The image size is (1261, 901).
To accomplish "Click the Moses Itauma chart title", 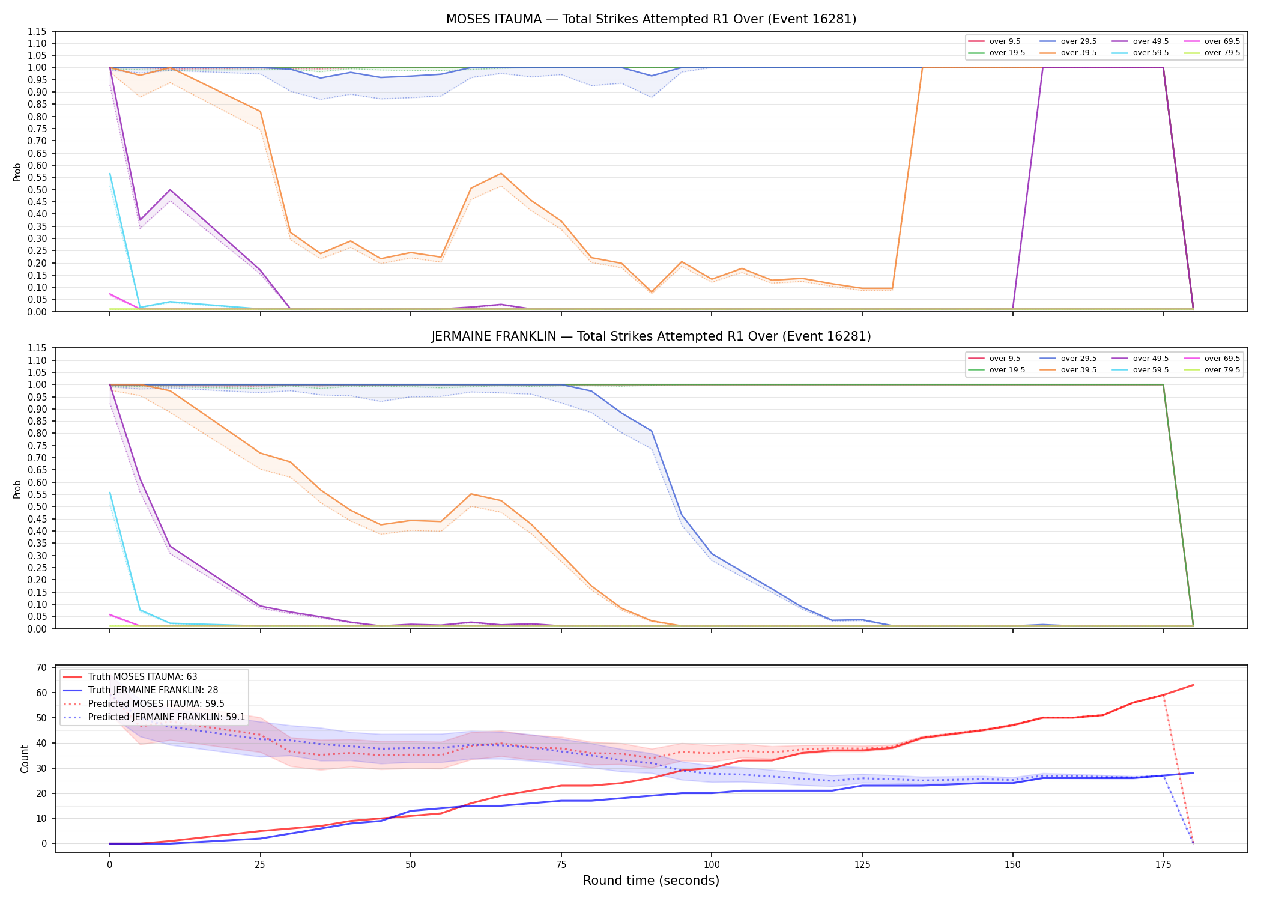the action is [x=651, y=19].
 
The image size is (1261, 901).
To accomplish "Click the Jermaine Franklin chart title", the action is [x=651, y=336].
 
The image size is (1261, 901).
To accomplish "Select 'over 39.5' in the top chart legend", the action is [x=1078, y=53].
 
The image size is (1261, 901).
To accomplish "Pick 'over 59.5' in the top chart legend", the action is [x=1151, y=53].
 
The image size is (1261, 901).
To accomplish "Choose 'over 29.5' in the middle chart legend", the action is [x=1078, y=359].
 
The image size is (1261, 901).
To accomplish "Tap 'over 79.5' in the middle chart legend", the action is [x=1222, y=370].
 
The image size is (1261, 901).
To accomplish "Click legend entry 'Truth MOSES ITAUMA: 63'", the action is [x=142, y=677].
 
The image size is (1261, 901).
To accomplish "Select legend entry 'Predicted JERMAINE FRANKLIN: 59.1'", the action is [x=166, y=717].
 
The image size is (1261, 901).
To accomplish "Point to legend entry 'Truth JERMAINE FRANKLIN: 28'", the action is [x=153, y=690].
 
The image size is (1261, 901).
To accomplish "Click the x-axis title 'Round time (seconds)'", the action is [x=651, y=881].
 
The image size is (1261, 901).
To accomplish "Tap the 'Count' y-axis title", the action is [x=25, y=759].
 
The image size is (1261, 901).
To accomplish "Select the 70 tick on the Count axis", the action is [x=41, y=667].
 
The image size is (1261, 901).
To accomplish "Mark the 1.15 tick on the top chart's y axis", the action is [x=37, y=31].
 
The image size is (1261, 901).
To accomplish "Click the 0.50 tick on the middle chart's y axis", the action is [x=37, y=506].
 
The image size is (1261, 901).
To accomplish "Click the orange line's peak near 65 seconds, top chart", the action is [x=501, y=174].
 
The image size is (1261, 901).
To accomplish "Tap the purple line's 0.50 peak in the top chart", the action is [x=170, y=190].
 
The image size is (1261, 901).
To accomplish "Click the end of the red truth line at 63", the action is [x=1193, y=685].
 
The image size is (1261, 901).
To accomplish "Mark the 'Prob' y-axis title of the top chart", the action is [x=17, y=172].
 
